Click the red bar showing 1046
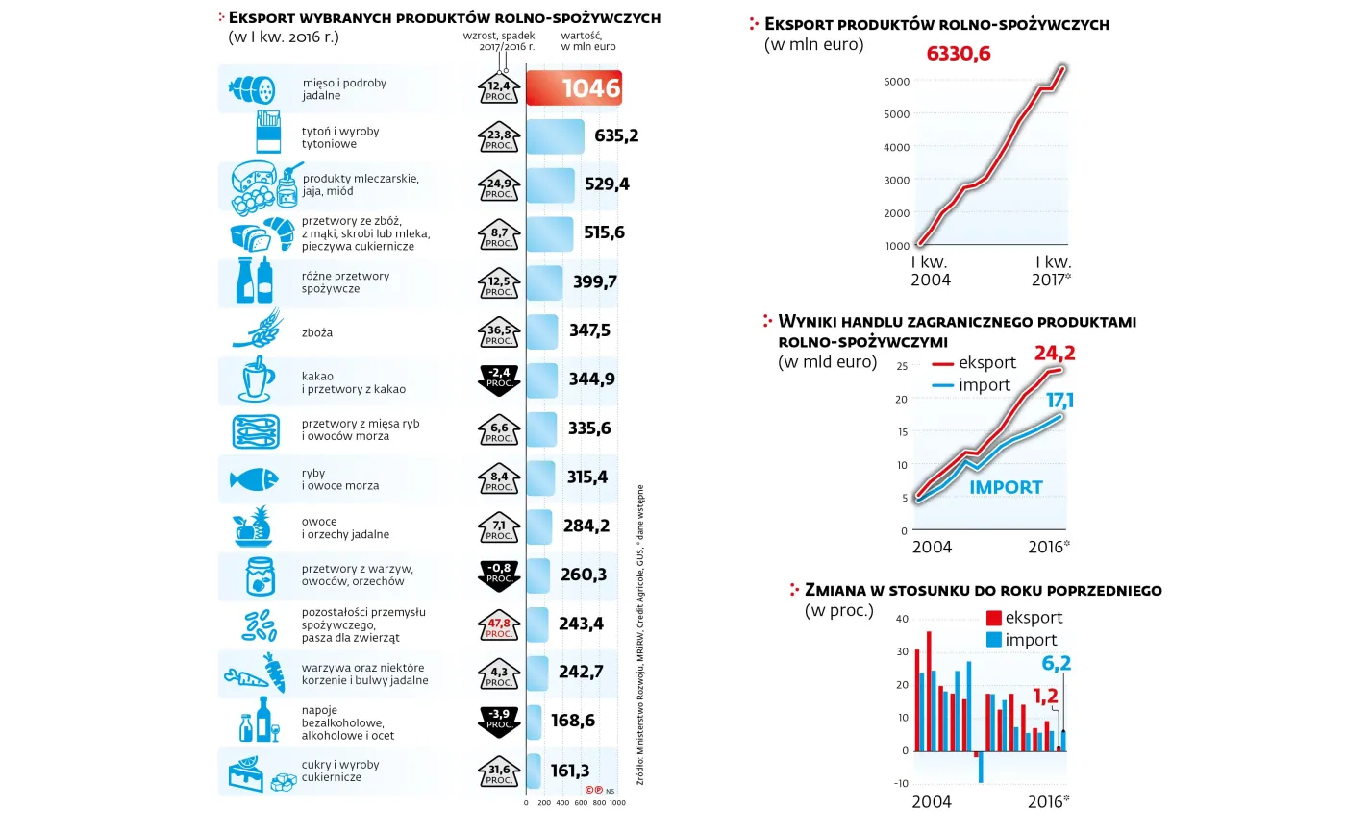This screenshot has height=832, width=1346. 573,88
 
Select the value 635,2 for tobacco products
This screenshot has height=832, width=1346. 616,136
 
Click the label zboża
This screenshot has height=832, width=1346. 317,332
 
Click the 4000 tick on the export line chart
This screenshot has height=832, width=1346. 896,147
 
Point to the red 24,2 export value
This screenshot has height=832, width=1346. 1054,353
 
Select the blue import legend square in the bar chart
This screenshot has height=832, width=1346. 994,640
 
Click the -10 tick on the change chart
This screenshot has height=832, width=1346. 900,784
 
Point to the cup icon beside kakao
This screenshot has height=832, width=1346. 254,380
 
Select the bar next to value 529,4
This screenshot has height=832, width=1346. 551,184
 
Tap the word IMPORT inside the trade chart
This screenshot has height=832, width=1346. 1005,487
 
